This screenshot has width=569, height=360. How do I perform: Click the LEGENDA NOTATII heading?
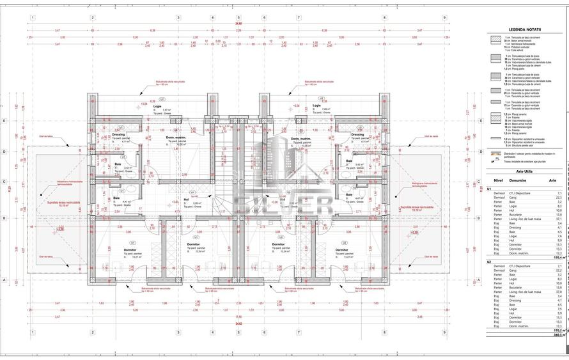point(524,29)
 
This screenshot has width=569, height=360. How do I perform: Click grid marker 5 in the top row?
point(238,17)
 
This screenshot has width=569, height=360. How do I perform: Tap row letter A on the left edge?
point(4,279)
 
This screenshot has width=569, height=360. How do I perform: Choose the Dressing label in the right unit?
point(357,135)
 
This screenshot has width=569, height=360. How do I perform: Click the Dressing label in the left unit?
point(118,135)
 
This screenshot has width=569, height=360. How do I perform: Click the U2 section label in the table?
point(489,263)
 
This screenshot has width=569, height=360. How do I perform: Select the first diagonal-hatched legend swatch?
point(495,39)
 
